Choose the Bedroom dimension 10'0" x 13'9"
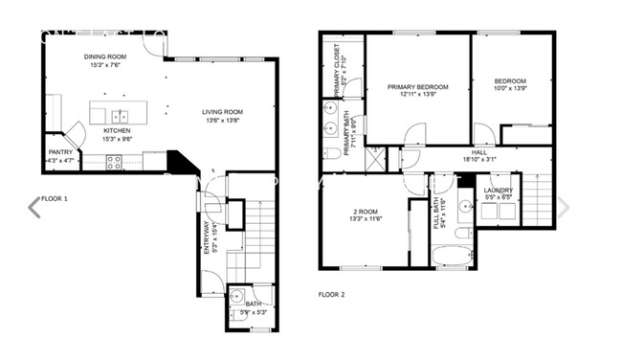click(511, 89)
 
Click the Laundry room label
click(498, 190)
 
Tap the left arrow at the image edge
click(34, 207)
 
